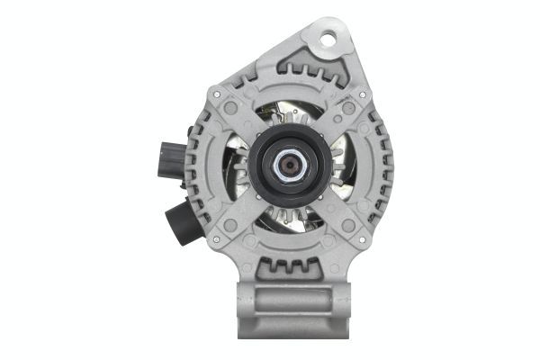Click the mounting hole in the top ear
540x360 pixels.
pyautogui.click(x=326, y=39)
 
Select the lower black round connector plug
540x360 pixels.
pyautogui.click(x=180, y=220)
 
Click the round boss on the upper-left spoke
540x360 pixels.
pyautogui.click(x=231, y=108)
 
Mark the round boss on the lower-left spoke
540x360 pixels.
pyautogui.click(x=231, y=225)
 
